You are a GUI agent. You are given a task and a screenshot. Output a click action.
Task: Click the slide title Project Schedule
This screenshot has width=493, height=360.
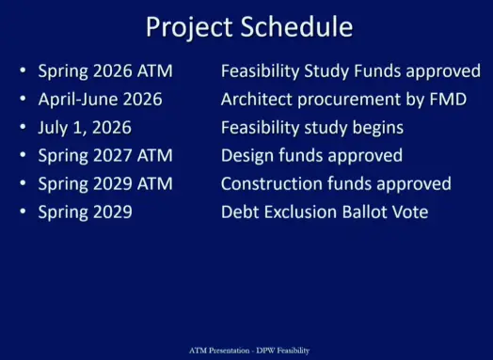(x=249, y=26)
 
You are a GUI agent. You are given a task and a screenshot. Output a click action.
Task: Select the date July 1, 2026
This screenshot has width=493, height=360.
(x=85, y=127)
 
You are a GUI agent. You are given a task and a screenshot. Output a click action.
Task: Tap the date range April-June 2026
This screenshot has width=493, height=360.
(x=100, y=99)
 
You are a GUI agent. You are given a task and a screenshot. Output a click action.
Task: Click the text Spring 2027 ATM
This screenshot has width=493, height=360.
(x=104, y=155)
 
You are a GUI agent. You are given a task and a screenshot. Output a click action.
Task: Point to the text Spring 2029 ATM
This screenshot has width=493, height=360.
(x=104, y=183)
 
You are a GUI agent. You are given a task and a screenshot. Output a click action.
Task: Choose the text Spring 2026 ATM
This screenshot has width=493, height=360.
(x=104, y=70)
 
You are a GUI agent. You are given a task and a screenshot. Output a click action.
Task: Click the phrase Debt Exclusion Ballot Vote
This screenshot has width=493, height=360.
(x=324, y=211)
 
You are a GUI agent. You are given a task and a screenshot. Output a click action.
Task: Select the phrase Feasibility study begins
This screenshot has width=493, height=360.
(x=311, y=127)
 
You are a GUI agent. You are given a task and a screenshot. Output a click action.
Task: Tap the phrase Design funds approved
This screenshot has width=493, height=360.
(x=311, y=155)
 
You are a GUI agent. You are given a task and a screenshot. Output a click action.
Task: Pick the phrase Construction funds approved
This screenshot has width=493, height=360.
(x=335, y=183)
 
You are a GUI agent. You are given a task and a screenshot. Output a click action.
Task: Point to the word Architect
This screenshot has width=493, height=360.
(x=255, y=99)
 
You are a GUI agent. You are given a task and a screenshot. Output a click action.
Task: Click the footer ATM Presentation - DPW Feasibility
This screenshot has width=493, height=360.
(x=246, y=350)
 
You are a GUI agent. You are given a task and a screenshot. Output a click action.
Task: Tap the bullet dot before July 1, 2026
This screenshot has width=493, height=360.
(x=24, y=128)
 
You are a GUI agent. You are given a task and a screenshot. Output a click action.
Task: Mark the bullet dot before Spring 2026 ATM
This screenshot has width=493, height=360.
(x=24, y=71)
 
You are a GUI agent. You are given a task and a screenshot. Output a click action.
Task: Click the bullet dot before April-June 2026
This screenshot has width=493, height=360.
(x=24, y=100)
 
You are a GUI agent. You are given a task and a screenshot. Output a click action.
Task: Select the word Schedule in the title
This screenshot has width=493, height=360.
(x=300, y=26)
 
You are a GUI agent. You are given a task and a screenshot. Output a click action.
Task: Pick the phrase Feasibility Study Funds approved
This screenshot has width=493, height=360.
(x=350, y=70)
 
